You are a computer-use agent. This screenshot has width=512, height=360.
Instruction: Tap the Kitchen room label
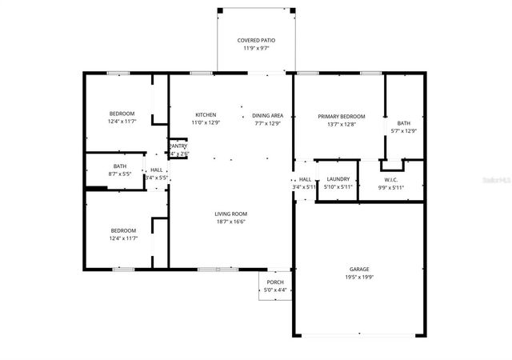click(206, 114)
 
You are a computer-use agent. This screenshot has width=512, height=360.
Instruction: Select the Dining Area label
click(268, 114)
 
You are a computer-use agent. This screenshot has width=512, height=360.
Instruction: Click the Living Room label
click(230, 214)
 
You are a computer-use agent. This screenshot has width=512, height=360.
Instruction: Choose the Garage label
click(358, 269)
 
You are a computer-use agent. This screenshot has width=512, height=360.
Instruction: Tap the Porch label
click(275, 282)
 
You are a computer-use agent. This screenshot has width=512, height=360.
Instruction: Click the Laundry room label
click(338, 179)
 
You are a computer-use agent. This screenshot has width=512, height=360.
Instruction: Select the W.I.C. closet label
click(391, 179)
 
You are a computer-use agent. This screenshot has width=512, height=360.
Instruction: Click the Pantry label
click(178, 146)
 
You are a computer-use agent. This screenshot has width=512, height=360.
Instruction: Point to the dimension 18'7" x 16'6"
click(230, 222)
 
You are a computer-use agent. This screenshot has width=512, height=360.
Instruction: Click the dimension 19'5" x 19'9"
click(358, 277)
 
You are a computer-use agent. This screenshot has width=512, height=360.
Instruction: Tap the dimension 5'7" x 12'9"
click(403, 130)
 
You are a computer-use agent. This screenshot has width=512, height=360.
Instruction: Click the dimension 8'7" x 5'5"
click(120, 174)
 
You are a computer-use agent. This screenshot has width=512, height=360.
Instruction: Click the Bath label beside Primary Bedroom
click(403, 122)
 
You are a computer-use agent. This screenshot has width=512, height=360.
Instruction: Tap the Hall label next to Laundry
click(305, 179)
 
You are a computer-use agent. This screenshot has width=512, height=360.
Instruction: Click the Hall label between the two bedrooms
click(157, 170)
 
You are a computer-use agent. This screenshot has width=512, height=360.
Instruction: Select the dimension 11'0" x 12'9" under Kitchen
click(206, 122)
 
